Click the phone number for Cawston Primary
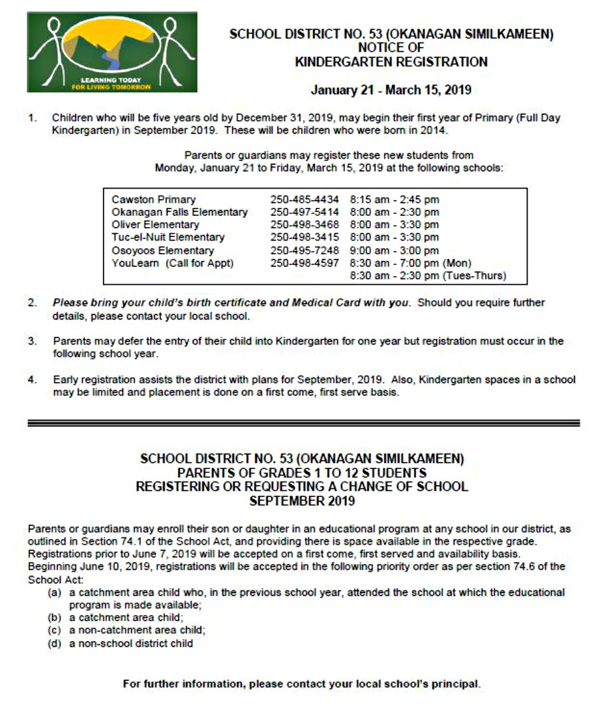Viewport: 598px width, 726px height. [x=304, y=199]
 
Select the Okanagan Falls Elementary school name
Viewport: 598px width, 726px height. [x=179, y=212]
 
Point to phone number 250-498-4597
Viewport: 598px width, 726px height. [x=304, y=263]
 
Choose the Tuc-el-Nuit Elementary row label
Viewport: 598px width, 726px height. [x=168, y=237]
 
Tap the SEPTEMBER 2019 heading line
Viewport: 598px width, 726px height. [x=302, y=501]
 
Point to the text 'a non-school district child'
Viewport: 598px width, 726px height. [x=132, y=643]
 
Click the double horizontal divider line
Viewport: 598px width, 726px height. [x=303, y=422]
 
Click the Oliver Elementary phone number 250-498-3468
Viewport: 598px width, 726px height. [x=304, y=225]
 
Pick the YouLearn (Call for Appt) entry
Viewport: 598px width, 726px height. [x=173, y=263]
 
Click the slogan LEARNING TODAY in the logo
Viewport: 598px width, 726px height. [x=112, y=80]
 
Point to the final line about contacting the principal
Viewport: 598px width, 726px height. [x=302, y=684]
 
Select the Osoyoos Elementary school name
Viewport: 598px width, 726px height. [x=163, y=250]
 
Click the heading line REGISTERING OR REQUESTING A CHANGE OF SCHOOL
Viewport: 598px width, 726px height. [x=302, y=487]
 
